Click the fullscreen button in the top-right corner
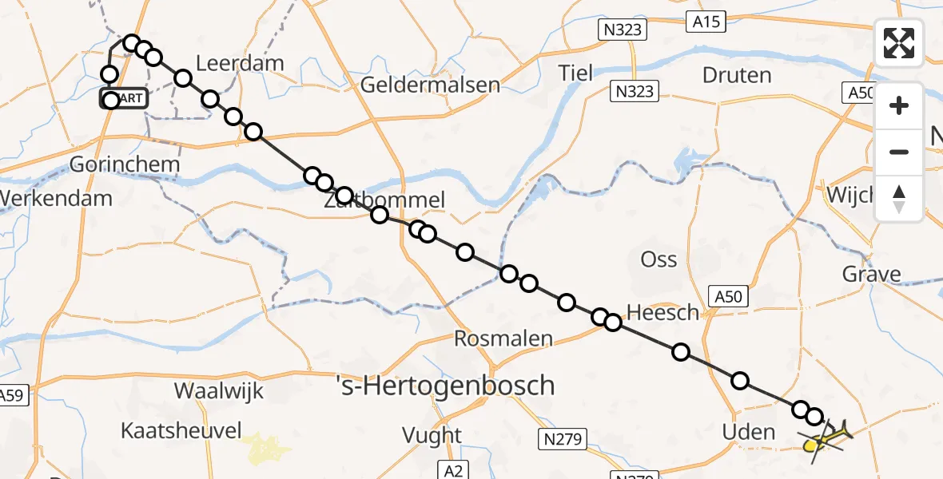(x=899, y=43)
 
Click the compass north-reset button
(x=899, y=198)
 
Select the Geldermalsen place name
(x=431, y=85)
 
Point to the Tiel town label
(x=576, y=73)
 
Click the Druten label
(x=736, y=76)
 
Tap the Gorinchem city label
(x=124, y=164)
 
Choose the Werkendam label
(x=56, y=198)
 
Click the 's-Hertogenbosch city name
(x=444, y=386)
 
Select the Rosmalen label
(x=503, y=338)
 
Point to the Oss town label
(x=659, y=259)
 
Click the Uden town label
(x=748, y=433)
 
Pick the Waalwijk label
(x=219, y=391)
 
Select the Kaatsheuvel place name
(x=181, y=431)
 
